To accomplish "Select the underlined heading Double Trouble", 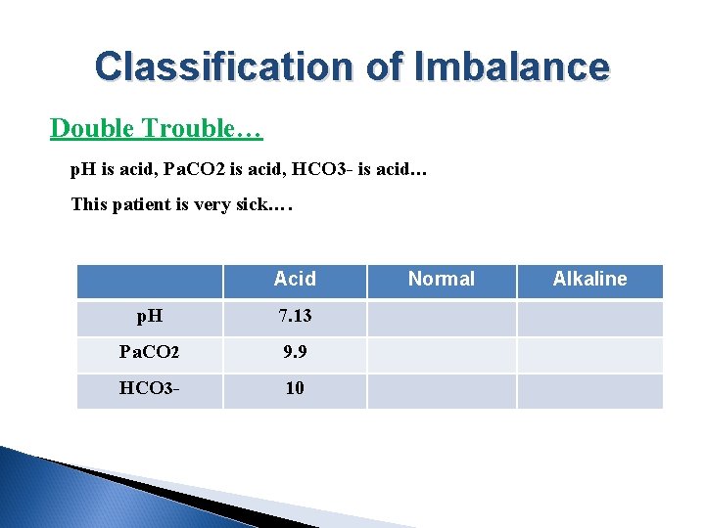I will pyautogui.click(x=156, y=128).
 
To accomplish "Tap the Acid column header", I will pyautogui.click(x=295, y=280).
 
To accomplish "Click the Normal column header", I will pyautogui.click(x=441, y=280).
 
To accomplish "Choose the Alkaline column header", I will pyautogui.click(x=589, y=280).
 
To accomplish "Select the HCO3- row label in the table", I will pyautogui.click(x=150, y=389).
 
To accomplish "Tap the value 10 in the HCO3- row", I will pyautogui.click(x=295, y=389).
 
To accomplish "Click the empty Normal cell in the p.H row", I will pyautogui.click(x=441, y=319).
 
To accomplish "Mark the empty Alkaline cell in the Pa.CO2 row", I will pyautogui.click(x=589, y=354).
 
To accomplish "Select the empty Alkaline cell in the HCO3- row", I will pyautogui.click(x=589, y=389).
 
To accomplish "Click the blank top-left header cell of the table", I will pyautogui.click(x=150, y=280).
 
